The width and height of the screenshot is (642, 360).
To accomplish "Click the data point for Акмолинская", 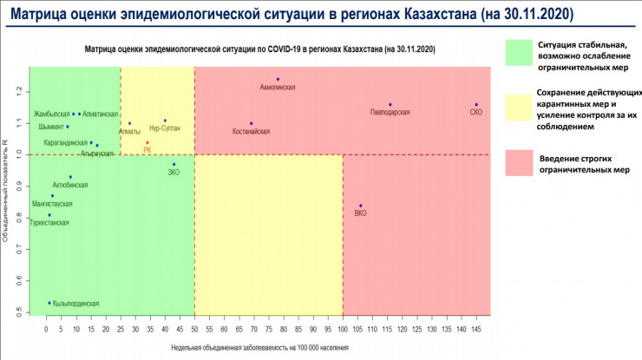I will pos(278,79).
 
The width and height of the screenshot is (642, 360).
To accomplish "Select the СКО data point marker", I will pos(476,105).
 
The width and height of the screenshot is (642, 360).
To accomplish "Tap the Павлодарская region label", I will pos(390,113).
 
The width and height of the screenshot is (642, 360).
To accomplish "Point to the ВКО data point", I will pos(361,206).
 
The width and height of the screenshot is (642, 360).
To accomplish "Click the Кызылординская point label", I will pos(76,304).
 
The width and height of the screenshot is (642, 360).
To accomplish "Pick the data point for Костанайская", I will pos(251,123).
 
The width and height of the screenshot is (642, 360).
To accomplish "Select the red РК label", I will pos(147,149).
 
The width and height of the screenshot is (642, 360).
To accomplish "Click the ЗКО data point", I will pos(174,164).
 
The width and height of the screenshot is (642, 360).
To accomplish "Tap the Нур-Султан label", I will pos(165,128).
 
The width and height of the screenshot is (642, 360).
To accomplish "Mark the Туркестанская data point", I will pos(49,215).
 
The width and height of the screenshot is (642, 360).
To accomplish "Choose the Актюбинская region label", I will pos(69,185).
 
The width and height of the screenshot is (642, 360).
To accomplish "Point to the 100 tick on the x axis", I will pos(343,331).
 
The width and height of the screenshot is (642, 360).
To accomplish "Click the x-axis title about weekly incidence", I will pos(259,347).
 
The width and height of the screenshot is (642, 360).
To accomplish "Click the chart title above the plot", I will pos(259,50).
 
